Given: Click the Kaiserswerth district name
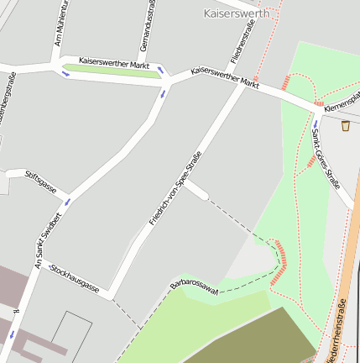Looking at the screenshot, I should pyautogui.click(x=237, y=13).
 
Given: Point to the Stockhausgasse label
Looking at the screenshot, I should pyautogui.click(x=75, y=281).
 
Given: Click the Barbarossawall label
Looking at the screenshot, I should pyautogui.click(x=194, y=286).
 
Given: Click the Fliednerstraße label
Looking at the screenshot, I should pyautogui.click(x=243, y=43).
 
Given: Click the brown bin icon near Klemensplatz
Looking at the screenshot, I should pyautogui.click(x=345, y=125).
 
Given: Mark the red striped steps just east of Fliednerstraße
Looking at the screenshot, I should pyautogui.click(x=286, y=82).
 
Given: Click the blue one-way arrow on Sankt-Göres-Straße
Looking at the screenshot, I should pyautogui.click(x=316, y=123).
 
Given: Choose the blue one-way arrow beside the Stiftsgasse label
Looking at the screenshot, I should pyautogui.click(x=67, y=202).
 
